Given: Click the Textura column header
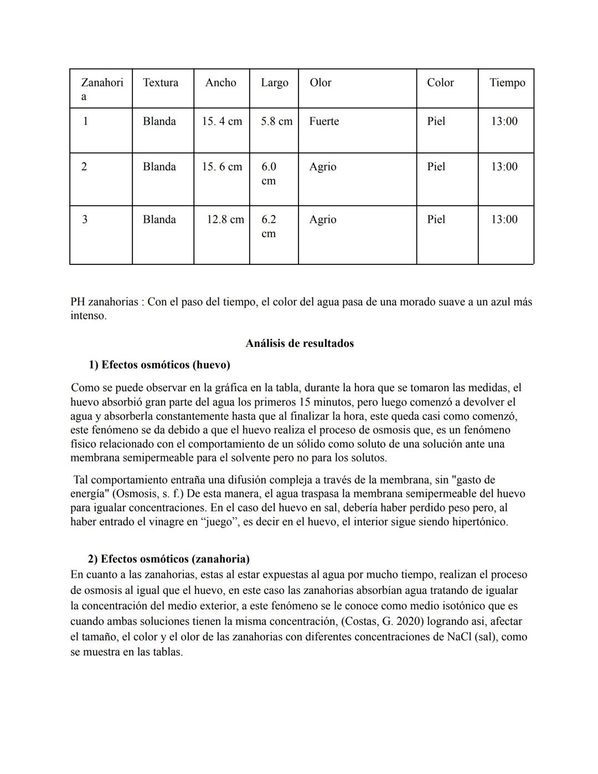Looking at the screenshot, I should [x=161, y=83].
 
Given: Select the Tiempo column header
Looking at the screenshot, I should [x=507, y=83].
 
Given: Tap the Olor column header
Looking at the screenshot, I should [x=320, y=83].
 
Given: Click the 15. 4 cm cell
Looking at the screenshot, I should [x=221, y=121].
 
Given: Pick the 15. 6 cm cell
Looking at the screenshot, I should [x=221, y=167].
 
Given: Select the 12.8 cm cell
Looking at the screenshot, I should [x=225, y=219].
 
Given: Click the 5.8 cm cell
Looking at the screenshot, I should [x=276, y=121].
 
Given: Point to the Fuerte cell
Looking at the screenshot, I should [x=324, y=121].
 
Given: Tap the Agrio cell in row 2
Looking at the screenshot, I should [x=323, y=167].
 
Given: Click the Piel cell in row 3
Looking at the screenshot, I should [x=436, y=219].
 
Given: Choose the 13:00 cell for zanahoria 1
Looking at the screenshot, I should [x=504, y=121].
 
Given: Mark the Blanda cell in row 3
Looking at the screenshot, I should [x=159, y=219].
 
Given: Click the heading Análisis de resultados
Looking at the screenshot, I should [x=300, y=344].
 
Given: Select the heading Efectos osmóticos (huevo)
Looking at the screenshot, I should [x=166, y=365].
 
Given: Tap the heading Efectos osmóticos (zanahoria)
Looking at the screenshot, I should [x=175, y=558].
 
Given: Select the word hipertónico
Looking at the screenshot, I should [x=480, y=522].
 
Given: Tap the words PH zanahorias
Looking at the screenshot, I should [x=104, y=302].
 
